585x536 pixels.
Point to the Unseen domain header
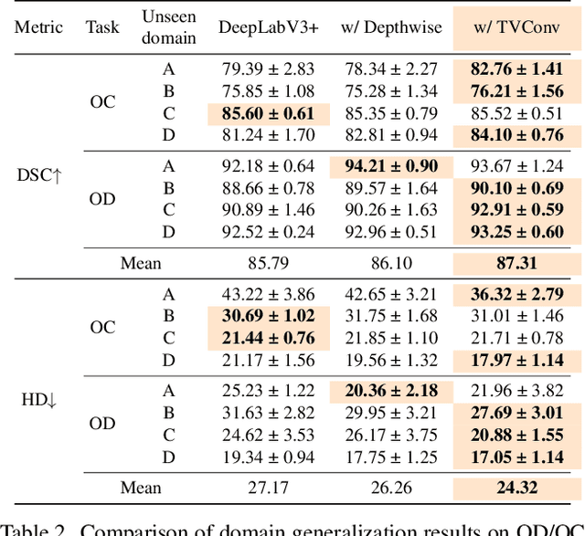tap(168, 26)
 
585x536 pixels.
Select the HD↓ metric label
tap(39, 399)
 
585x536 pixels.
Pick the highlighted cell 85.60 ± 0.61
tap(268, 114)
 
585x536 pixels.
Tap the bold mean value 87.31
tap(517, 262)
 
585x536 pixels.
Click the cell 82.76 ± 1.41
tap(517, 68)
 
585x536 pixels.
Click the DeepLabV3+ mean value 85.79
tap(268, 263)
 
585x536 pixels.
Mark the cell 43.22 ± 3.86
tap(268, 294)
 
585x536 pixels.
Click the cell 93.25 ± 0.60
tap(517, 232)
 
